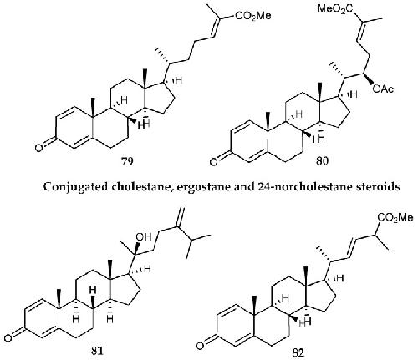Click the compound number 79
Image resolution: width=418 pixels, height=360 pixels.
tap(127, 161)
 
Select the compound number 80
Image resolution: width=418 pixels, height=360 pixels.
tap(322, 161)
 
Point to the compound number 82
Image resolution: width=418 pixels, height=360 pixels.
tap(298, 352)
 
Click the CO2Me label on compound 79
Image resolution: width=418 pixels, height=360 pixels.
tap(253, 16)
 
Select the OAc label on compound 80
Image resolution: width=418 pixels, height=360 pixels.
tap(383, 89)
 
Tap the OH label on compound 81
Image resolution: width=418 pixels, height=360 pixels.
tap(144, 237)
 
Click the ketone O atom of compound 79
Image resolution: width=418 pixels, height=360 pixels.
tap(39, 148)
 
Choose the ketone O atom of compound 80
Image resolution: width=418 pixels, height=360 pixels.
tap(213, 162)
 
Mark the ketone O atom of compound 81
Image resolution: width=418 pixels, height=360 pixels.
tap(8, 338)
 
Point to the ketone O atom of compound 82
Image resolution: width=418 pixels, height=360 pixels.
tap(200, 346)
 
